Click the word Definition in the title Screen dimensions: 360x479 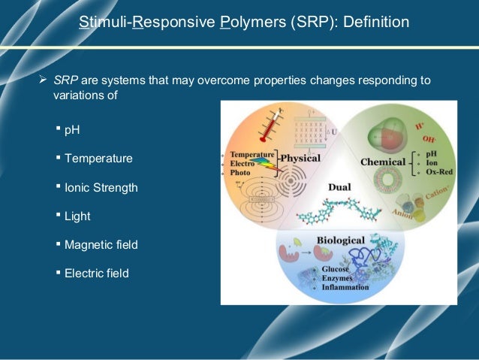[375, 23]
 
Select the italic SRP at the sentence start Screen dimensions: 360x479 [64, 80]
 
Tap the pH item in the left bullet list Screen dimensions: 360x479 [72, 129]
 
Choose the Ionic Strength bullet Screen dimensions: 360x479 [101, 187]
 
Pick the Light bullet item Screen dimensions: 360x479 [77, 216]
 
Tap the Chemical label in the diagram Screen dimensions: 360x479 [383, 162]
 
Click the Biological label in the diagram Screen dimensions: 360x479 [340, 241]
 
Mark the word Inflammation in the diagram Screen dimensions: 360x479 [342, 287]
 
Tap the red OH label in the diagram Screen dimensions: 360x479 [430, 140]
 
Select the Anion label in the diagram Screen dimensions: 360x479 [403, 215]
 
